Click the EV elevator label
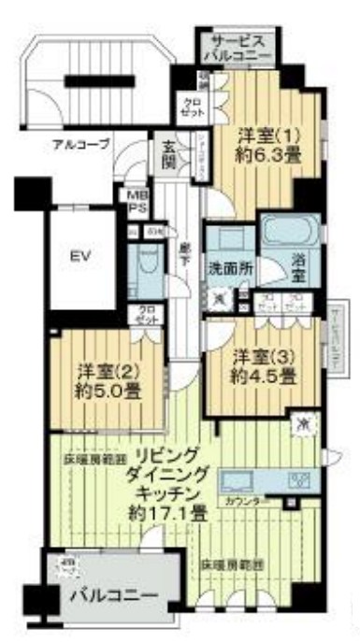[79, 255]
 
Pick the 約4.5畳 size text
[265, 377]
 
